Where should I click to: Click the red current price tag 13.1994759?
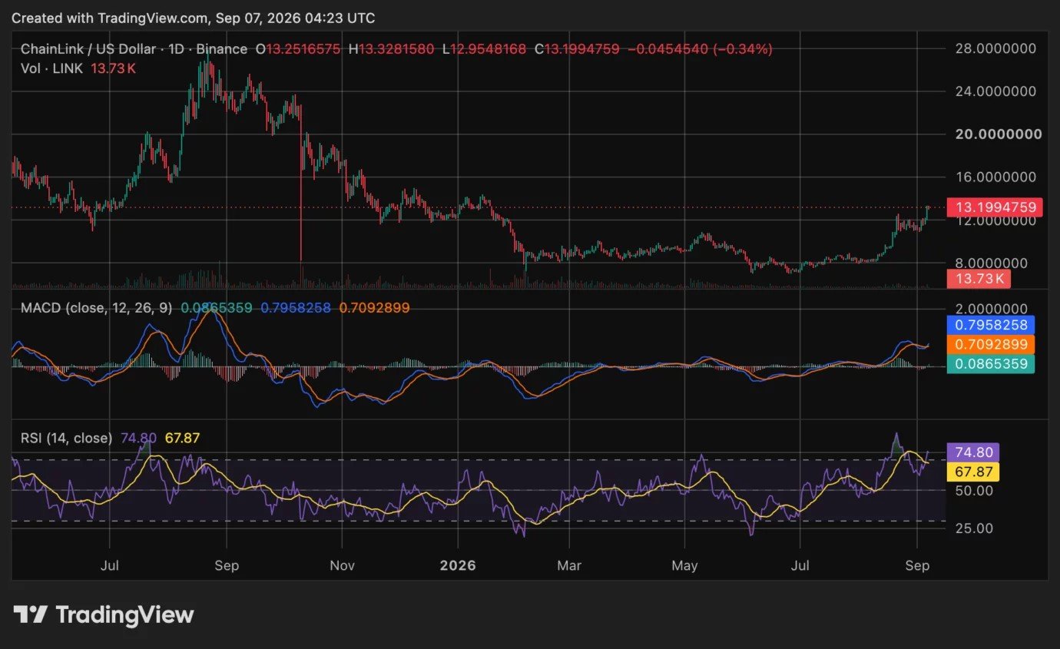(x=994, y=207)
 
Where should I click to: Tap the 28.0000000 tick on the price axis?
(x=995, y=48)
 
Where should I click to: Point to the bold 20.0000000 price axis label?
(x=999, y=134)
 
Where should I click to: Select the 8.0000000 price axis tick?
(x=992, y=263)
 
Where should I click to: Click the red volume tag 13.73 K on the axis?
(x=979, y=279)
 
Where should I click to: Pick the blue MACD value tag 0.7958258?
(x=990, y=325)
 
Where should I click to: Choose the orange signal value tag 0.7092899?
(x=990, y=344)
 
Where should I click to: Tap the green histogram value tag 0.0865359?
(x=990, y=364)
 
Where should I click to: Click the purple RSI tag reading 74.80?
(x=973, y=452)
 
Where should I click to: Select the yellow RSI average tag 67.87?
(x=973, y=472)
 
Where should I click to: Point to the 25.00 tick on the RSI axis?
(x=974, y=528)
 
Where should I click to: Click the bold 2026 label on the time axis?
(x=458, y=565)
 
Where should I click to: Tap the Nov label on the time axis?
(x=342, y=565)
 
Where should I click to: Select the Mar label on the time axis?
(x=569, y=565)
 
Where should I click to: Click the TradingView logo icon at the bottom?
(x=30, y=615)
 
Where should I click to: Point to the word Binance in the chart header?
(x=221, y=49)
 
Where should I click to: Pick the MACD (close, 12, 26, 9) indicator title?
(x=97, y=308)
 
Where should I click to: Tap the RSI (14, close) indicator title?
(x=66, y=438)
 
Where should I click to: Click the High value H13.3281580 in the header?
(x=391, y=49)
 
